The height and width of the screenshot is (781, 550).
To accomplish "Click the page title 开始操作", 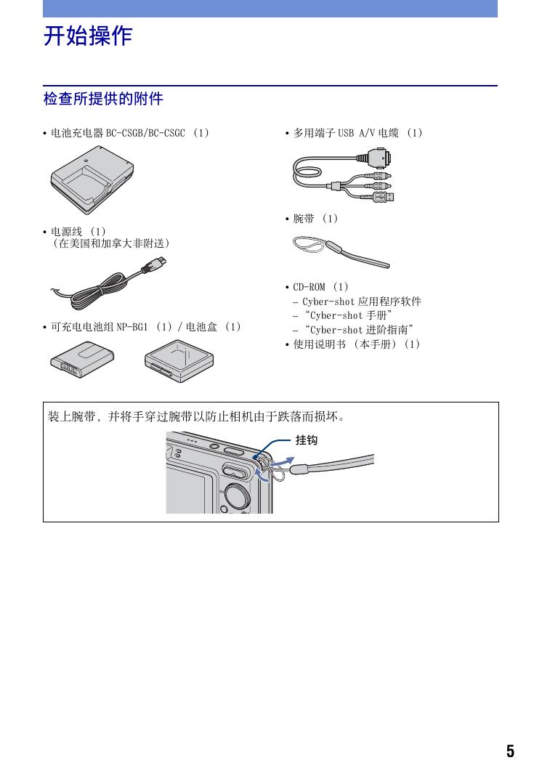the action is [x=88, y=36].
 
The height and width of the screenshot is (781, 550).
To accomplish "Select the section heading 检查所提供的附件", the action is [x=103, y=99].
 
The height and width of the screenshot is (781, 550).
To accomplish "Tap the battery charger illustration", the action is [x=93, y=179].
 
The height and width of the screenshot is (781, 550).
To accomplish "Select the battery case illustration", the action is [x=179, y=361].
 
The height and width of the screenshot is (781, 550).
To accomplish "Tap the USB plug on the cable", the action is [x=385, y=197].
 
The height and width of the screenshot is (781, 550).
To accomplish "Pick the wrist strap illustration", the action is [x=341, y=251].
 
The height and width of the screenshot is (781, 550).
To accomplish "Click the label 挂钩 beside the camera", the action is [x=307, y=440].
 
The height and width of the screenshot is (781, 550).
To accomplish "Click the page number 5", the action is [x=510, y=750].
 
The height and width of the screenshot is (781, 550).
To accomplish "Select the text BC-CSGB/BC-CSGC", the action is [x=145, y=133].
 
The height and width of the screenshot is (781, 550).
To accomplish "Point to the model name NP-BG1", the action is [x=132, y=327].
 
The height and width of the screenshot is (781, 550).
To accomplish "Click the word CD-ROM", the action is [x=309, y=287].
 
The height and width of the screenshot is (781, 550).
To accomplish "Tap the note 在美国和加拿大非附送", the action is [x=112, y=243].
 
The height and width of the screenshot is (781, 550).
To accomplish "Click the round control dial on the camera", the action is [x=237, y=496].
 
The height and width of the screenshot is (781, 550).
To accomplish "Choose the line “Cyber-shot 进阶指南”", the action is [x=359, y=330].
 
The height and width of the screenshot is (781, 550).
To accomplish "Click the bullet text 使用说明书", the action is [x=320, y=344].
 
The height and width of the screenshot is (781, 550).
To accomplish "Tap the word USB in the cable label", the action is [x=346, y=133].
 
